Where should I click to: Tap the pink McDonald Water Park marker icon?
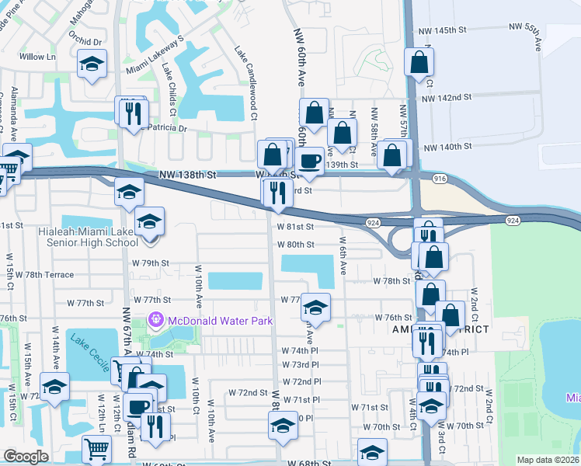point(155,319)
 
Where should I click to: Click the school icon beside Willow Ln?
point(92,65)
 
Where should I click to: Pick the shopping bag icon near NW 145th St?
point(418,64)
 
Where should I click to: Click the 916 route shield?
point(440,179)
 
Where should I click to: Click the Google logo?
point(26,457)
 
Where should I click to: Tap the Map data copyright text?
point(548,460)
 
